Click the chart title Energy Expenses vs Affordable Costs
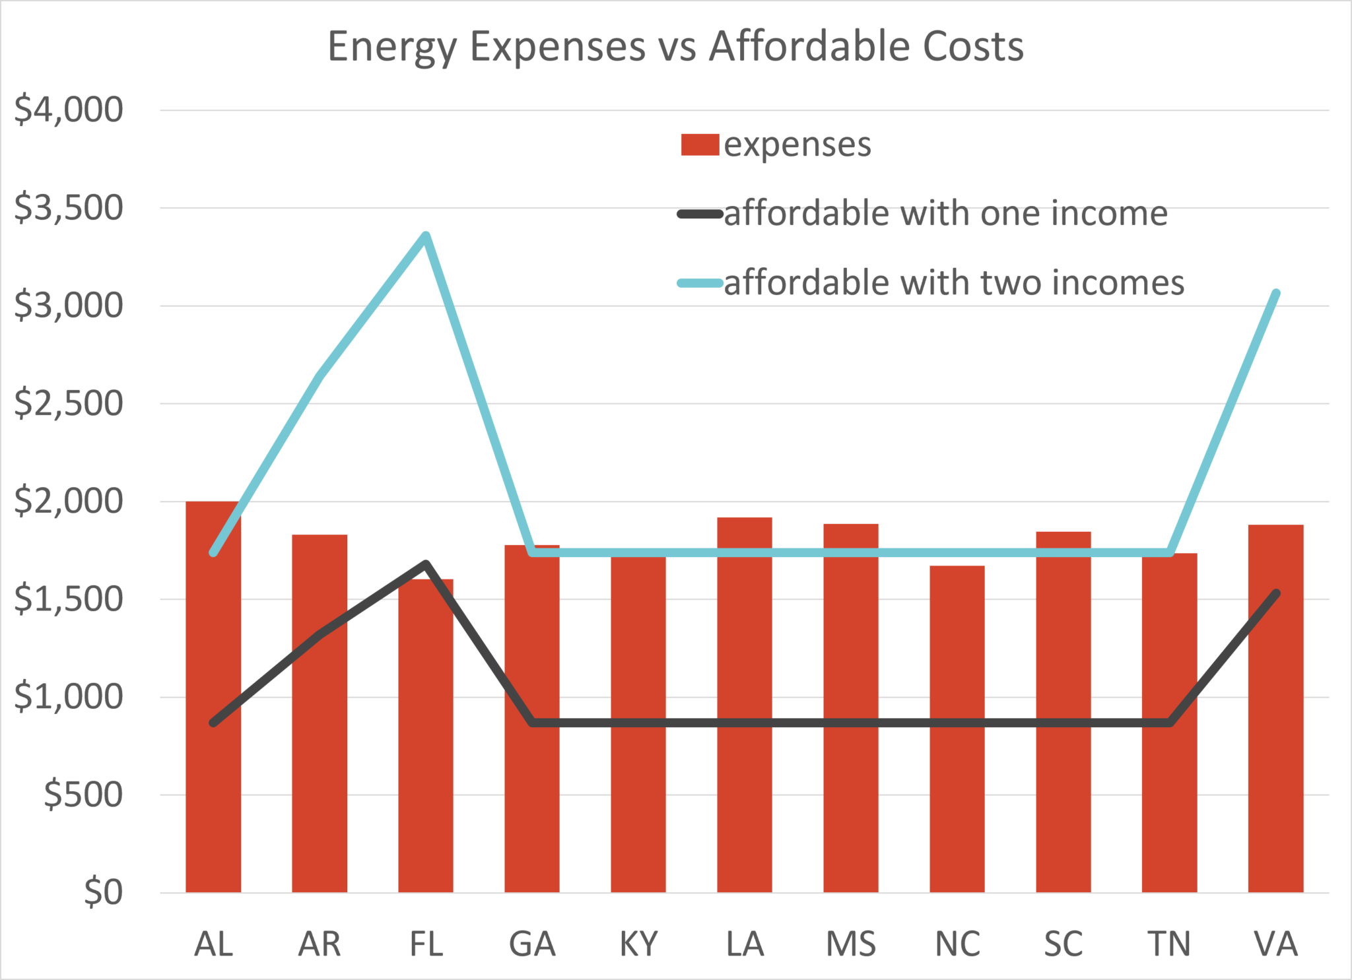[675, 48]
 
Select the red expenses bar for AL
[213, 697]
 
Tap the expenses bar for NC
[957, 729]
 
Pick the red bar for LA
[745, 705]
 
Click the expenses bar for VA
[1276, 709]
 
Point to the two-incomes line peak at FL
[426, 236]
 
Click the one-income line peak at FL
[426, 564]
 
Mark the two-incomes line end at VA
[1277, 293]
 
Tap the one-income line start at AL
[213, 723]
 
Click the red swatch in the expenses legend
[700, 145]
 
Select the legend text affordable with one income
[946, 214]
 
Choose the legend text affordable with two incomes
[955, 283]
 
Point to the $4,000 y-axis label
[69, 110]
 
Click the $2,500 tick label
[69, 403]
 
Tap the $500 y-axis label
[83, 795]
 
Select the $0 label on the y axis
[104, 892]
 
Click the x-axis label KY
[639, 944]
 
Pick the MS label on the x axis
[851, 944]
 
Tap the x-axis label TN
[1169, 944]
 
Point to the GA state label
[532, 944]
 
